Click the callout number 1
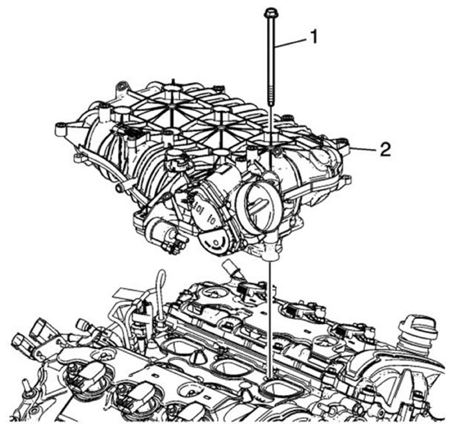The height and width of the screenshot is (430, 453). tap(313, 37)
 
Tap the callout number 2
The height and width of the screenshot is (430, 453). tap(385, 150)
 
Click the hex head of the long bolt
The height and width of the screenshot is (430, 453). tap(269, 12)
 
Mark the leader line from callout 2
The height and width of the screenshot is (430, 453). tap(363, 149)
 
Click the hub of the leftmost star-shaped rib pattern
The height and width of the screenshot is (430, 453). tap(172, 107)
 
